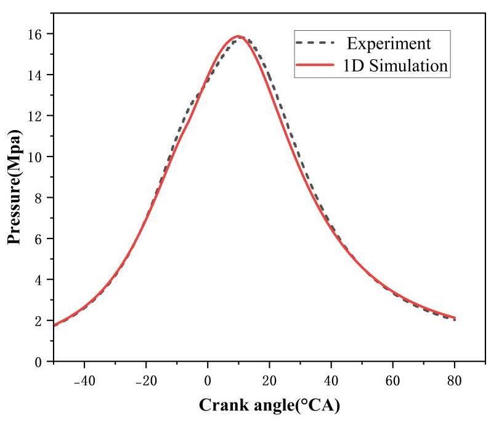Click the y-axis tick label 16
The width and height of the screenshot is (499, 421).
point(36,34)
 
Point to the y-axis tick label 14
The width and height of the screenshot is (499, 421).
point(36,75)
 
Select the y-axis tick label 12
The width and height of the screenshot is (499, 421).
point(36,116)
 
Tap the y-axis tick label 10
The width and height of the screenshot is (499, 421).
point(36,157)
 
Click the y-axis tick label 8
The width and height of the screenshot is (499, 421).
point(40,198)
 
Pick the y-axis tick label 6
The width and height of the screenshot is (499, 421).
point(40,239)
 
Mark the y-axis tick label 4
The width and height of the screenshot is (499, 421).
point(40,280)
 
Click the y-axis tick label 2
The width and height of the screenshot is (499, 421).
point(40,321)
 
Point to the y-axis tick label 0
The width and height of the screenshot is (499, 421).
point(40,362)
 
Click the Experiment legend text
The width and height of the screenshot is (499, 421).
point(387,44)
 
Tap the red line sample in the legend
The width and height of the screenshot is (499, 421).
point(315,65)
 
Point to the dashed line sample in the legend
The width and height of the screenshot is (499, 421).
point(315,44)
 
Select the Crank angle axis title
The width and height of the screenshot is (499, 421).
point(269,406)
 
